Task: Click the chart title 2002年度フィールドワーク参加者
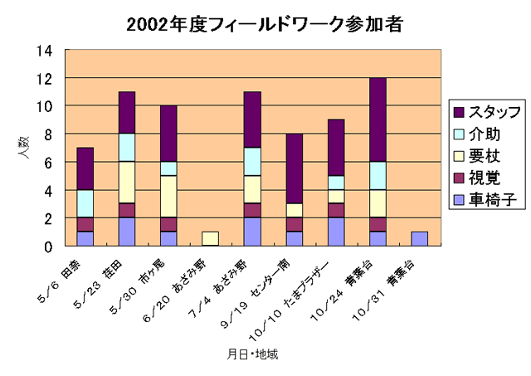[265, 24]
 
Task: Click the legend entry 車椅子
[485, 199]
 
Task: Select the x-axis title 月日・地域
[253, 354]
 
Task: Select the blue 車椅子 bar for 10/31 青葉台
[420, 239]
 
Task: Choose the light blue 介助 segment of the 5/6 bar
[85, 203]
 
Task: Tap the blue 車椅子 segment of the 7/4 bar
[251, 232]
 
